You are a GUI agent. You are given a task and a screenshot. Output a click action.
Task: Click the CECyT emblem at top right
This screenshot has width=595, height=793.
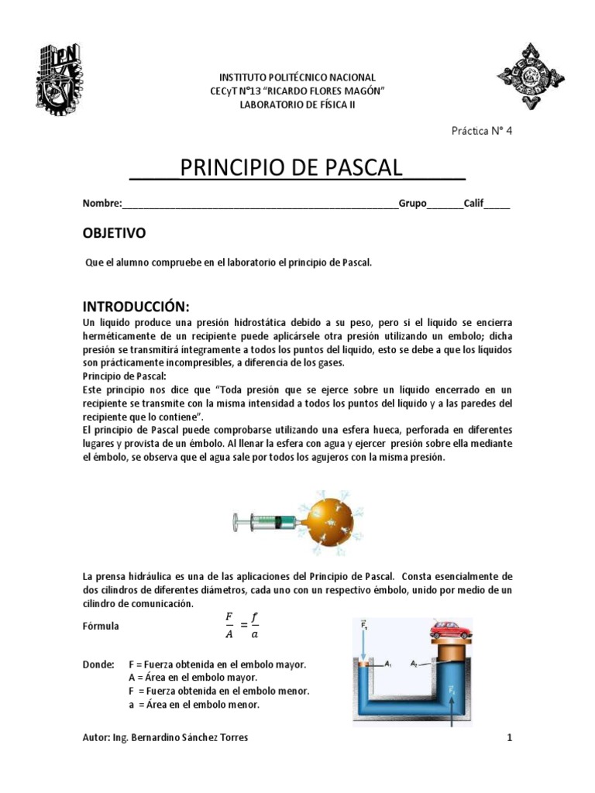point(530,77)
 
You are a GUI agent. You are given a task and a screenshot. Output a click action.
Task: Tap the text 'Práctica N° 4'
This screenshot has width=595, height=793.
point(481,131)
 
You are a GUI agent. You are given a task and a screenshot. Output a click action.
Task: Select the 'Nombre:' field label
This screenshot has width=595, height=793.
point(102,204)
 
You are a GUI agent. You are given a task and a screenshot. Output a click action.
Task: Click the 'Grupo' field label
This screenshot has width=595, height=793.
point(413,204)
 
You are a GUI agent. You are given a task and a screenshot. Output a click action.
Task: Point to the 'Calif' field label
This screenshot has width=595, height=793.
point(473,204)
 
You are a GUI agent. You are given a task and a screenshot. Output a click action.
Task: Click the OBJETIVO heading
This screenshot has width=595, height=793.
point(114,233)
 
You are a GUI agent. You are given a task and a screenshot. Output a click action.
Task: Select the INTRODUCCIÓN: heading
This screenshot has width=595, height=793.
point(136,303)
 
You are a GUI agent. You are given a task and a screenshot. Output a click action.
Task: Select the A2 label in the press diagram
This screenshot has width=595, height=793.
point(415,664)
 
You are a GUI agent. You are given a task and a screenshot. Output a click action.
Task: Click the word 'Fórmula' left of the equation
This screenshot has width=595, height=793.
point(101,626)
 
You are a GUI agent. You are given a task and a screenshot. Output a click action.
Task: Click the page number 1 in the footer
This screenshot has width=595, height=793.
point(509,738)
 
